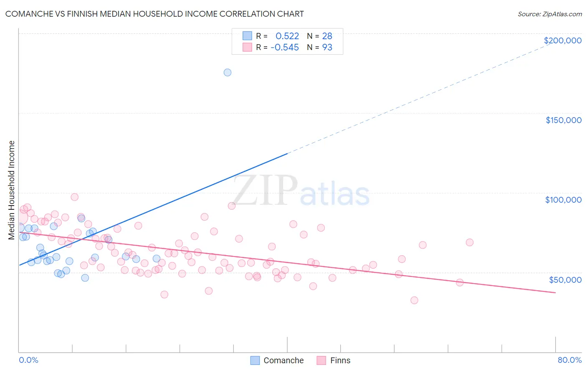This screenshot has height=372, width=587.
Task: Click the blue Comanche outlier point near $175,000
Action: click(x=228, y=73)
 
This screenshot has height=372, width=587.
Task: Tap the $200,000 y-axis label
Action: click(x=562, y=40)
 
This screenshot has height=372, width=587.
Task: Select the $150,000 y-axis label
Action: click(x=563, y=120)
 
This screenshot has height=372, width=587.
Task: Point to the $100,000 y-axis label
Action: click(x=563, y=200)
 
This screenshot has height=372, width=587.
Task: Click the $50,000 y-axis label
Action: click(x=565, y=279)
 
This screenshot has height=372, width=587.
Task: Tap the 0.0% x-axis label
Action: click(x=28, y=360)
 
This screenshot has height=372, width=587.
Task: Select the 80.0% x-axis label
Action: click(x=569, y=360)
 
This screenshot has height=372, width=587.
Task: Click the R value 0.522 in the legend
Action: click(x=287, y=36)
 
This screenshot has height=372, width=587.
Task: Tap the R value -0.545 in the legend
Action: click(x=285, y=48)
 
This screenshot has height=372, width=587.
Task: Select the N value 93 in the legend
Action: click(x=327, y=48)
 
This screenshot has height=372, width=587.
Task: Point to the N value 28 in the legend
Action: click(x=327, y=36)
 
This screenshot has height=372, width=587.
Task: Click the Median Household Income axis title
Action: click(x=12, y=190)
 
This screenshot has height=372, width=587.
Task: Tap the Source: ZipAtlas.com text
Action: click(x=549, y=14)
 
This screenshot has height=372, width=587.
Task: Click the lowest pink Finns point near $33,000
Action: click(x=414, y=300)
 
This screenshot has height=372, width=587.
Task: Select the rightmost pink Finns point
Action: click(x=470, y=242)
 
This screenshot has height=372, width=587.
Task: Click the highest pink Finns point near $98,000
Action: click(x=75, y=197)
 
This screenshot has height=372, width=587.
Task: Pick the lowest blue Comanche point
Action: click(x=85, y=278)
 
